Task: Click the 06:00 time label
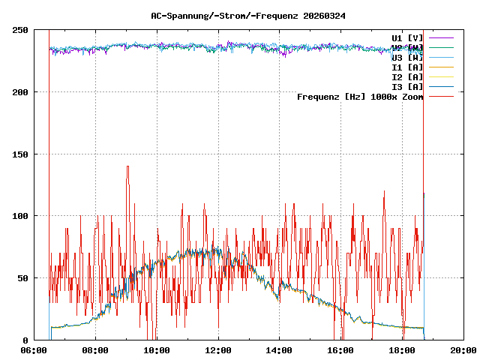click(34, 350)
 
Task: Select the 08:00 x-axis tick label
click(96, 350)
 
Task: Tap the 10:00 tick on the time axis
click(157, 350)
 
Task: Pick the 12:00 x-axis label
click(219, 350)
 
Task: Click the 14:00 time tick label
click(280, 350)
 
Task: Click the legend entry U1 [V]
click(407, 37)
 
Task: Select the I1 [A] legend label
click(407, 67)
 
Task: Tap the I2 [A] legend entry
click(407, 76)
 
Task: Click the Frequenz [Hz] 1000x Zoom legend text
click(360, 97)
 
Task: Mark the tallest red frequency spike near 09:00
click(127, 167)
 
